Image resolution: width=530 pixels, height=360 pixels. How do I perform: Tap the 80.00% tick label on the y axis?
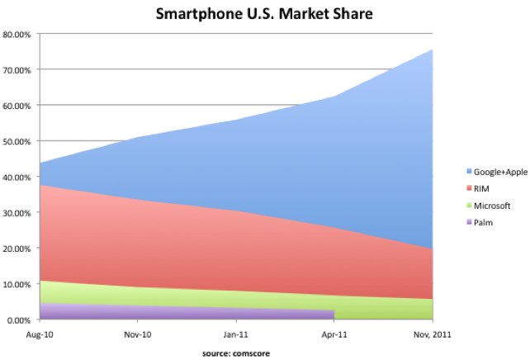pyautogui.click(x=17, y=35)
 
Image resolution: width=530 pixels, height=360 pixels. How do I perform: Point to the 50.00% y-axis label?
pyautogui.click(x=17, y=142)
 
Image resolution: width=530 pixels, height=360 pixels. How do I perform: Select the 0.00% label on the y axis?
pyautogui.click(x=19, y=320)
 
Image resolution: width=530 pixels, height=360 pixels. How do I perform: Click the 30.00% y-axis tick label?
pyautogui.click(x=17, y=213)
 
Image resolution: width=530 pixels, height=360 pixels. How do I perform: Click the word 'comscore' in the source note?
pyautogui.click(x=253, y=353)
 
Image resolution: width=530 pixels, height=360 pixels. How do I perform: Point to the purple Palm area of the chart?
pyautogui.click(x=165, y=313)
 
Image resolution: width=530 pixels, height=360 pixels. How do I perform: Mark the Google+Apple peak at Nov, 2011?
pyautogui.click(x=432, y=50)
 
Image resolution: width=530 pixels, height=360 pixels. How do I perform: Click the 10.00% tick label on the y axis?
pyautogui.click(x=17, y=285)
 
